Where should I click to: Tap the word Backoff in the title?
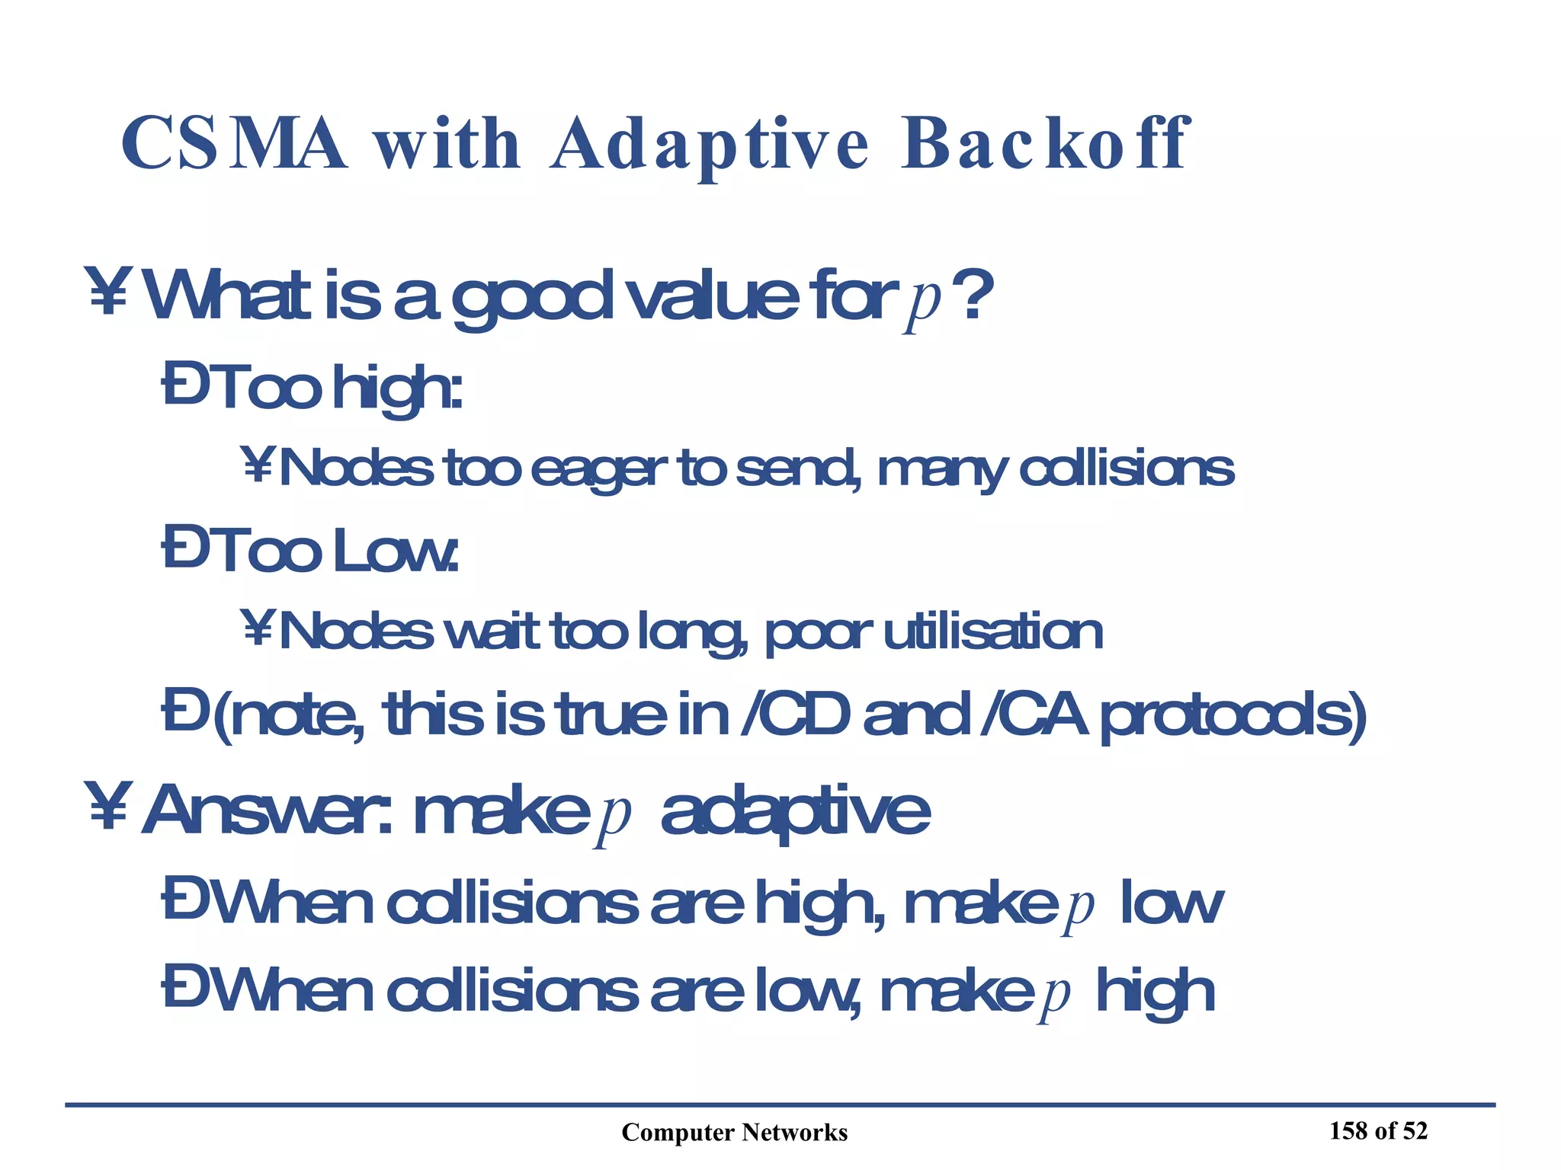coord(1044,144)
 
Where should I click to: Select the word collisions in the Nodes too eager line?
coord(1126,468)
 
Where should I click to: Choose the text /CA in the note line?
coord(1033,715)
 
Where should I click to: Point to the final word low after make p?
coord(1171,904)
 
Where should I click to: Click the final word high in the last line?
coord(1155,993)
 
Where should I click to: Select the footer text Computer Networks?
coord(734,1133)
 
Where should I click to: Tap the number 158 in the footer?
coord(1348,1131)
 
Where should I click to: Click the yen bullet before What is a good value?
coord(108,292)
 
